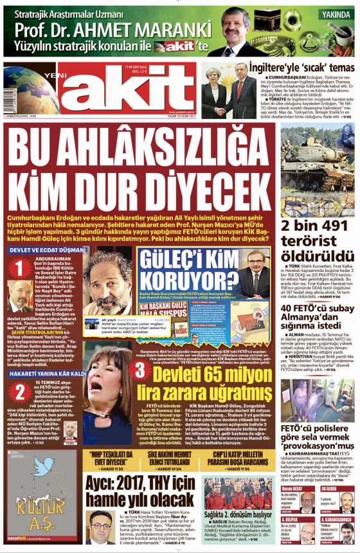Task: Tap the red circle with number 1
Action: click(x=19, y=268)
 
